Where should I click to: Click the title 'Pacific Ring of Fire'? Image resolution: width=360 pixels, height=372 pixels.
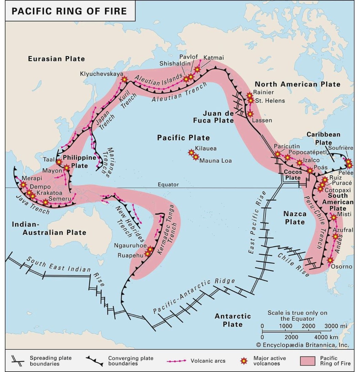click(x=69, y=11)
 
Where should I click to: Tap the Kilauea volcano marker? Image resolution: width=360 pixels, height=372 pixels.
click(x=191, y=152)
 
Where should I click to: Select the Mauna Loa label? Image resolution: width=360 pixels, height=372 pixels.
click(x=216, y=161)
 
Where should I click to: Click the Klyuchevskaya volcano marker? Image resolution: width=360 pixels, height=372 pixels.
click(x=124, y=80)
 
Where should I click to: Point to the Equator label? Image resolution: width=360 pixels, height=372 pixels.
click(x=168, y=185)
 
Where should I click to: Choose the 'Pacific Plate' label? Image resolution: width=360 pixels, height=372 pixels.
click(x=183, y=138)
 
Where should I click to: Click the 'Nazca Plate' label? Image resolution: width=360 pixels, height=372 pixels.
click(x=295, y=218)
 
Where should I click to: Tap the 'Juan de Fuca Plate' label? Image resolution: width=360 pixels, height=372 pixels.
click(x=218, y=117)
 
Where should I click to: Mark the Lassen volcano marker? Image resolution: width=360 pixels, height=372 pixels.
click(x=250, y=114)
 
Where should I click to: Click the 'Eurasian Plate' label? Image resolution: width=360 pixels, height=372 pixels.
click(x=56, y=59)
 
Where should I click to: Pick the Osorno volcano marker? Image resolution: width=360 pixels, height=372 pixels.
click(x=330, y=260)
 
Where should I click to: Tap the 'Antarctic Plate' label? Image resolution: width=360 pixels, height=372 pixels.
click(x=233, y=320)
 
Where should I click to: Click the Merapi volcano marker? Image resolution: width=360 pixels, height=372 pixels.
click(x=23, y=185)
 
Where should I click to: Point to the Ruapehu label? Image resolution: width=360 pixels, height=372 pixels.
click(x=130, y=256)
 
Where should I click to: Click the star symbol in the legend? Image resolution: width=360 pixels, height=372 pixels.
click(x=244, y=361)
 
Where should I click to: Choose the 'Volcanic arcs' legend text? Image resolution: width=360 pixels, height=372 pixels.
click(x=208, y=361)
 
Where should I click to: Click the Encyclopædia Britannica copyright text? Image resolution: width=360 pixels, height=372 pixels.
click(x=303, y=345)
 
